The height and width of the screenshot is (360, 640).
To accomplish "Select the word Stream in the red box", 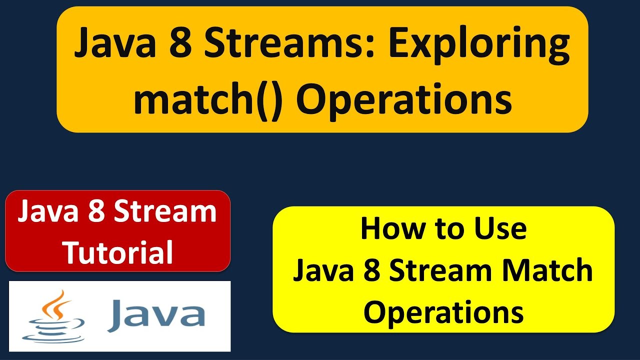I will pyautogui.click(x=165, y=212).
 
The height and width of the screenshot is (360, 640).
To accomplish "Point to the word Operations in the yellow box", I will pyautogui.click(x=443, y=312).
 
